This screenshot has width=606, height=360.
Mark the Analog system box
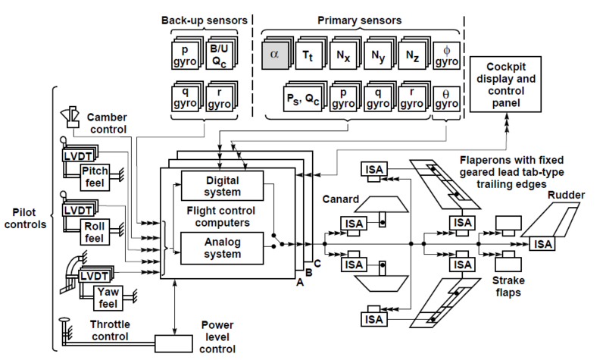222,248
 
